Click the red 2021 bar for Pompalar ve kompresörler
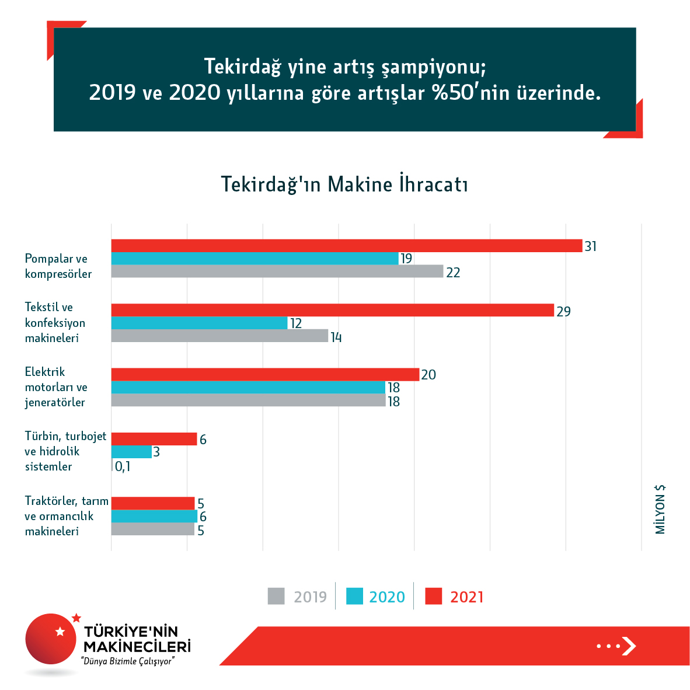point(347,246)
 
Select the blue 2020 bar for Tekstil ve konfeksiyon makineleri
point(199,323)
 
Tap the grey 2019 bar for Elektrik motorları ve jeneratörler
point(248,400)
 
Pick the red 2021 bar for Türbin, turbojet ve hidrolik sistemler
point(154,439)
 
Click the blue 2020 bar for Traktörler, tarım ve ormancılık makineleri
point(154,516)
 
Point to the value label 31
point(591,246)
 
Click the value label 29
point(563,311)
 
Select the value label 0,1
point(123,466)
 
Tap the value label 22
point(453,273)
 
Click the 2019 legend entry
point(298,597)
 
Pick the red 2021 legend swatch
point(433,596)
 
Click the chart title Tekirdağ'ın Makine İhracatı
point(344,184)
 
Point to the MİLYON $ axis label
point(660,509)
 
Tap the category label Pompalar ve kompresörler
point(58,266)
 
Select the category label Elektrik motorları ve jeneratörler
point(56,387)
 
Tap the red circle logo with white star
point(51,639)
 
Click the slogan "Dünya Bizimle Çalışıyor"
point(128,661)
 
